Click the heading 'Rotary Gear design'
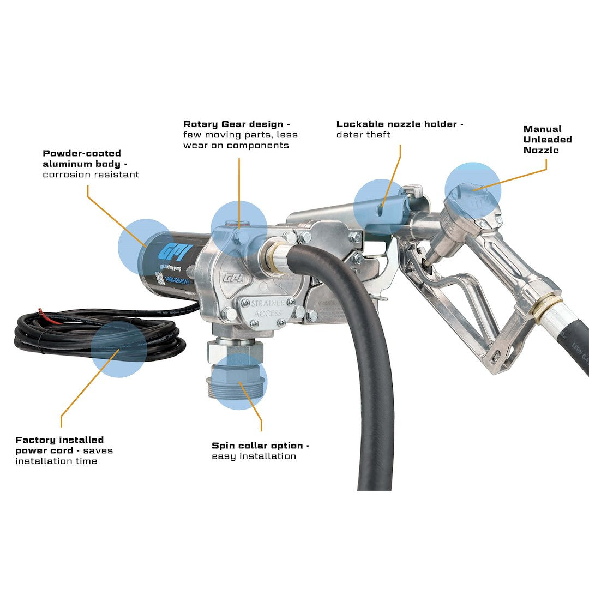(x=236, y=124)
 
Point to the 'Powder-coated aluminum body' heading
(x=82, y=159)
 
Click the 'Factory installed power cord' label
(x=59, y=445)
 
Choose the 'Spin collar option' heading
(x=260, y=446)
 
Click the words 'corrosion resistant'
(x=91, y=175)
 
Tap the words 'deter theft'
(x=363, y=135)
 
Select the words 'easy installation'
(x=254, y=456)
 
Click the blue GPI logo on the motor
(x=168, y=253)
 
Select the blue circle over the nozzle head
(x=472, y=190)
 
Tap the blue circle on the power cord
(x=119, y=349)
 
